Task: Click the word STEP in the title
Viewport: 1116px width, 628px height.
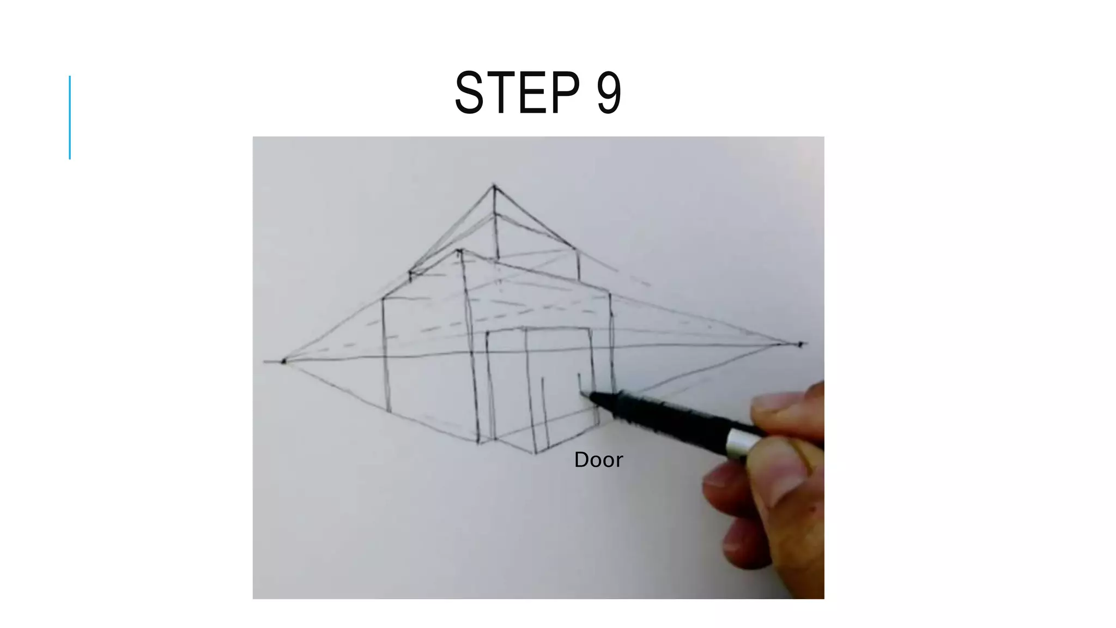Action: tap(517, 93)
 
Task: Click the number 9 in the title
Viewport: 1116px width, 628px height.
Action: tap(609, 93)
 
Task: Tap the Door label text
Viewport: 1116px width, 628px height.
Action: tap(598, 460)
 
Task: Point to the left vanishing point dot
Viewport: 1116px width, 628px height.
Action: tap(283, 361)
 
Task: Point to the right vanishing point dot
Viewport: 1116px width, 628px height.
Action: tap(800, 344)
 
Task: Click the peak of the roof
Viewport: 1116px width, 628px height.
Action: tap(494, 187)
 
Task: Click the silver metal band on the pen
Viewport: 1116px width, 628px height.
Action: tap(739, 442)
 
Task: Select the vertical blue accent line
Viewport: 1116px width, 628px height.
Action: tap(70, 117)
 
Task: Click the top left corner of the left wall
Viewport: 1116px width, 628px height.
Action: tap(383, 298)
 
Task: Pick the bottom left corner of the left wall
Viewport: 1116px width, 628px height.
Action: tap(389, 412)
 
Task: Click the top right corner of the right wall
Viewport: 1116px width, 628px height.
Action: tap(609, 294)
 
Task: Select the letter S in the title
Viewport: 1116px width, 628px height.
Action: tap(469, 93)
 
